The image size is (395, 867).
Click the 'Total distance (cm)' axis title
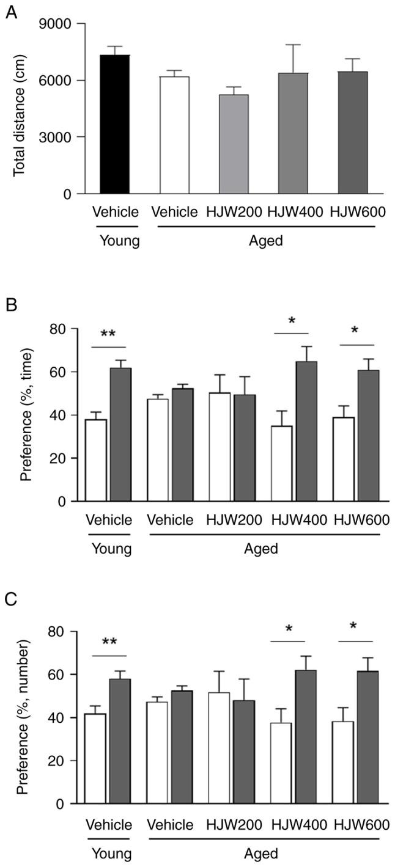coord(20,109)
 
